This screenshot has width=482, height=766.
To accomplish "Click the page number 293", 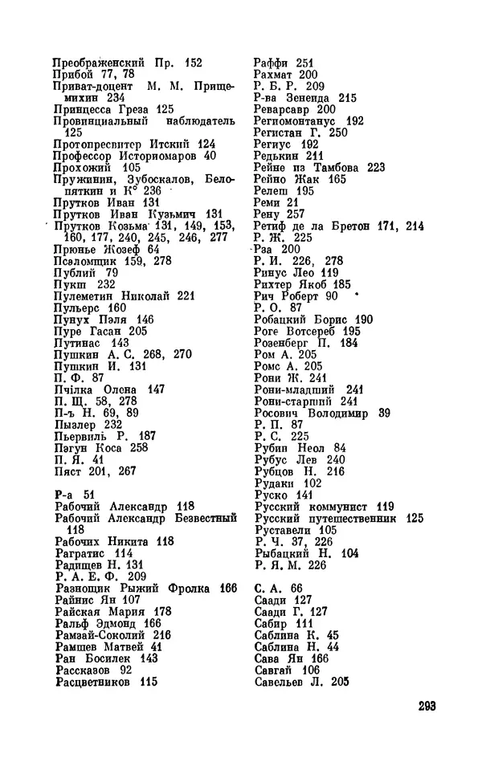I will (x=426, y=707).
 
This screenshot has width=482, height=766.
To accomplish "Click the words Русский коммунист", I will (x=311, y=506).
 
